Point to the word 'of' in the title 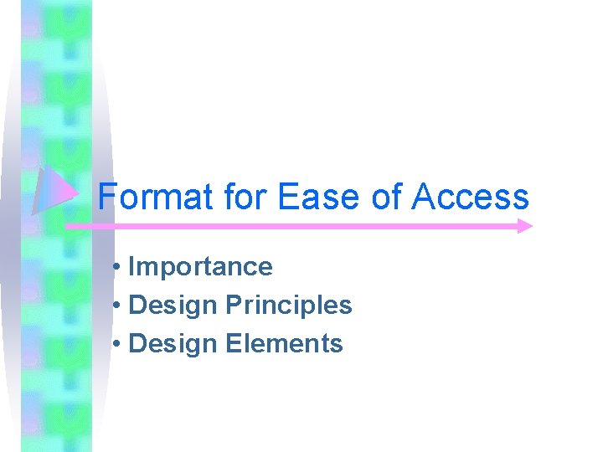(387, 198)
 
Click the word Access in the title (471, 198)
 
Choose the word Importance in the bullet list (201, 267)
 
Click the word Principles (289, 306)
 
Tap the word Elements (285, 344)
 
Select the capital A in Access (423, 198)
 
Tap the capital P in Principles (232, 306)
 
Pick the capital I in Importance (133, 267)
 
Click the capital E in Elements (233, 344)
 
